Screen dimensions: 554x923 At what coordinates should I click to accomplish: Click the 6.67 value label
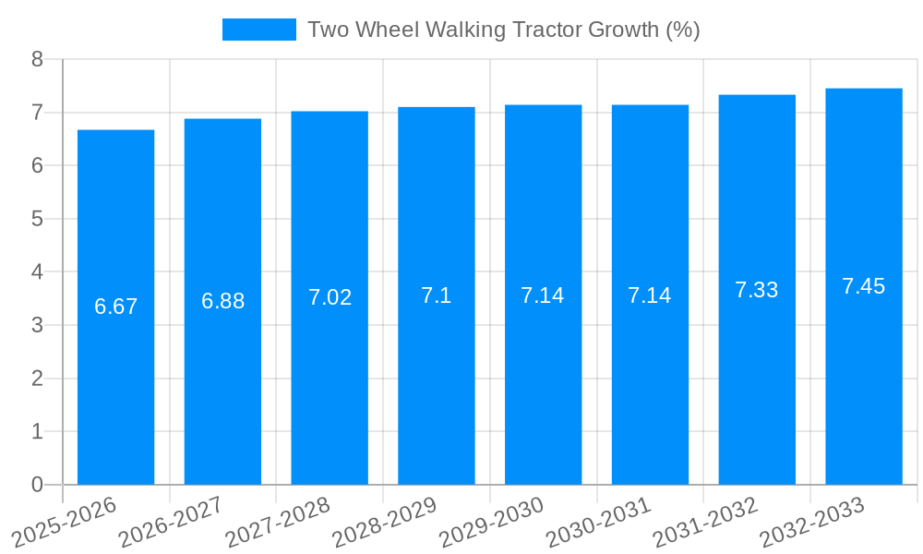(116, 307)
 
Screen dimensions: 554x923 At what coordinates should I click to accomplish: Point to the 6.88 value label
(223, 301)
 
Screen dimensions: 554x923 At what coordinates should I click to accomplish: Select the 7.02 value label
(330, 297)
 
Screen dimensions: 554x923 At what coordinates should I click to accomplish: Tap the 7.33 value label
(757, 290)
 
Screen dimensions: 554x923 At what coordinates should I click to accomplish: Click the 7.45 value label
(864, 286)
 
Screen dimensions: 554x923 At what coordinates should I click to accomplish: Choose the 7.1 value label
(437, 295)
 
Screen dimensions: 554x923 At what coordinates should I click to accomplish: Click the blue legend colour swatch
(259, 30)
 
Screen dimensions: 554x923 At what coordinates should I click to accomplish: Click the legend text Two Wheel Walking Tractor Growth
(504, 30)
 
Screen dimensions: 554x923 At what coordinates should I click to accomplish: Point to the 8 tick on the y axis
(37, 59)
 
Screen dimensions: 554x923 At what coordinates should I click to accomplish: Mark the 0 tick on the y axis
(37, 485)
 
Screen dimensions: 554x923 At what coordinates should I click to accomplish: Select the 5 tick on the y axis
(37, 219)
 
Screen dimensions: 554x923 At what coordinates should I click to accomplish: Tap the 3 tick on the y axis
(37, 325)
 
